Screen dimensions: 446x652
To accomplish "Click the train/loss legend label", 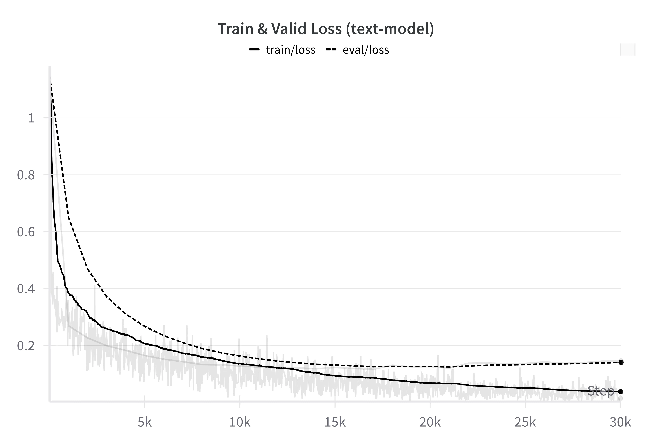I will point(291,50).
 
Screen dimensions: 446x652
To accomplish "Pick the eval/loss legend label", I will point(366,50).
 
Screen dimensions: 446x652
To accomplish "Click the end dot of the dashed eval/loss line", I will point(621,362).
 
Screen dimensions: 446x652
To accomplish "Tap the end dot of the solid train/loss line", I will point(621,392).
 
